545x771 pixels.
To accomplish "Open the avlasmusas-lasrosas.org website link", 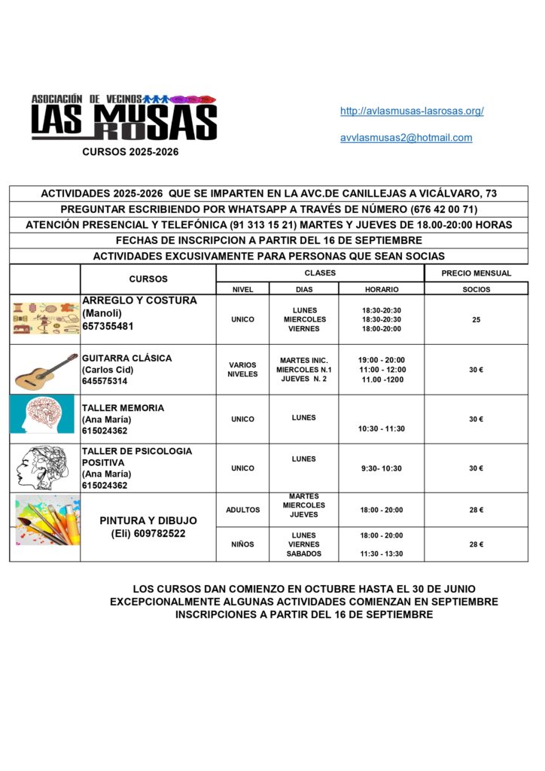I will [412, 111].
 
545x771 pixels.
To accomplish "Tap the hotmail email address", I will [406, 138].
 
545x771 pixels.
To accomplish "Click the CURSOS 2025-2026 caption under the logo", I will [130, 151].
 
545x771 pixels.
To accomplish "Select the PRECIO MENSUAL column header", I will [476, 273].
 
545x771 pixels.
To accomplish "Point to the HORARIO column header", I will [382, 289].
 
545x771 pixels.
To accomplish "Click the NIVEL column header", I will [242, 289].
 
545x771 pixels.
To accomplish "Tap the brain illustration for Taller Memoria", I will [42, 415].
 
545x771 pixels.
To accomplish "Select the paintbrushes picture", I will [45, 520].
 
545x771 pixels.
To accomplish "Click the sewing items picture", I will [46, 318].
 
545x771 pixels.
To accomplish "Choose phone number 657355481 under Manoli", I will [108, 327].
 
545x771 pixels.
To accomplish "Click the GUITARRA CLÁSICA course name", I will [126, 358].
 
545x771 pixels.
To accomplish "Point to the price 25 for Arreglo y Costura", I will [476, 320].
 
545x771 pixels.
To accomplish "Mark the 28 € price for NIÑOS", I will [476, 544].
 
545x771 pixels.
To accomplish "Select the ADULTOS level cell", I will [242, 510].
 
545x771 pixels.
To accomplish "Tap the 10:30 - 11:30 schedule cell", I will [382, 428].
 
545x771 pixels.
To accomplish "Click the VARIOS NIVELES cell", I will [242, 369].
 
